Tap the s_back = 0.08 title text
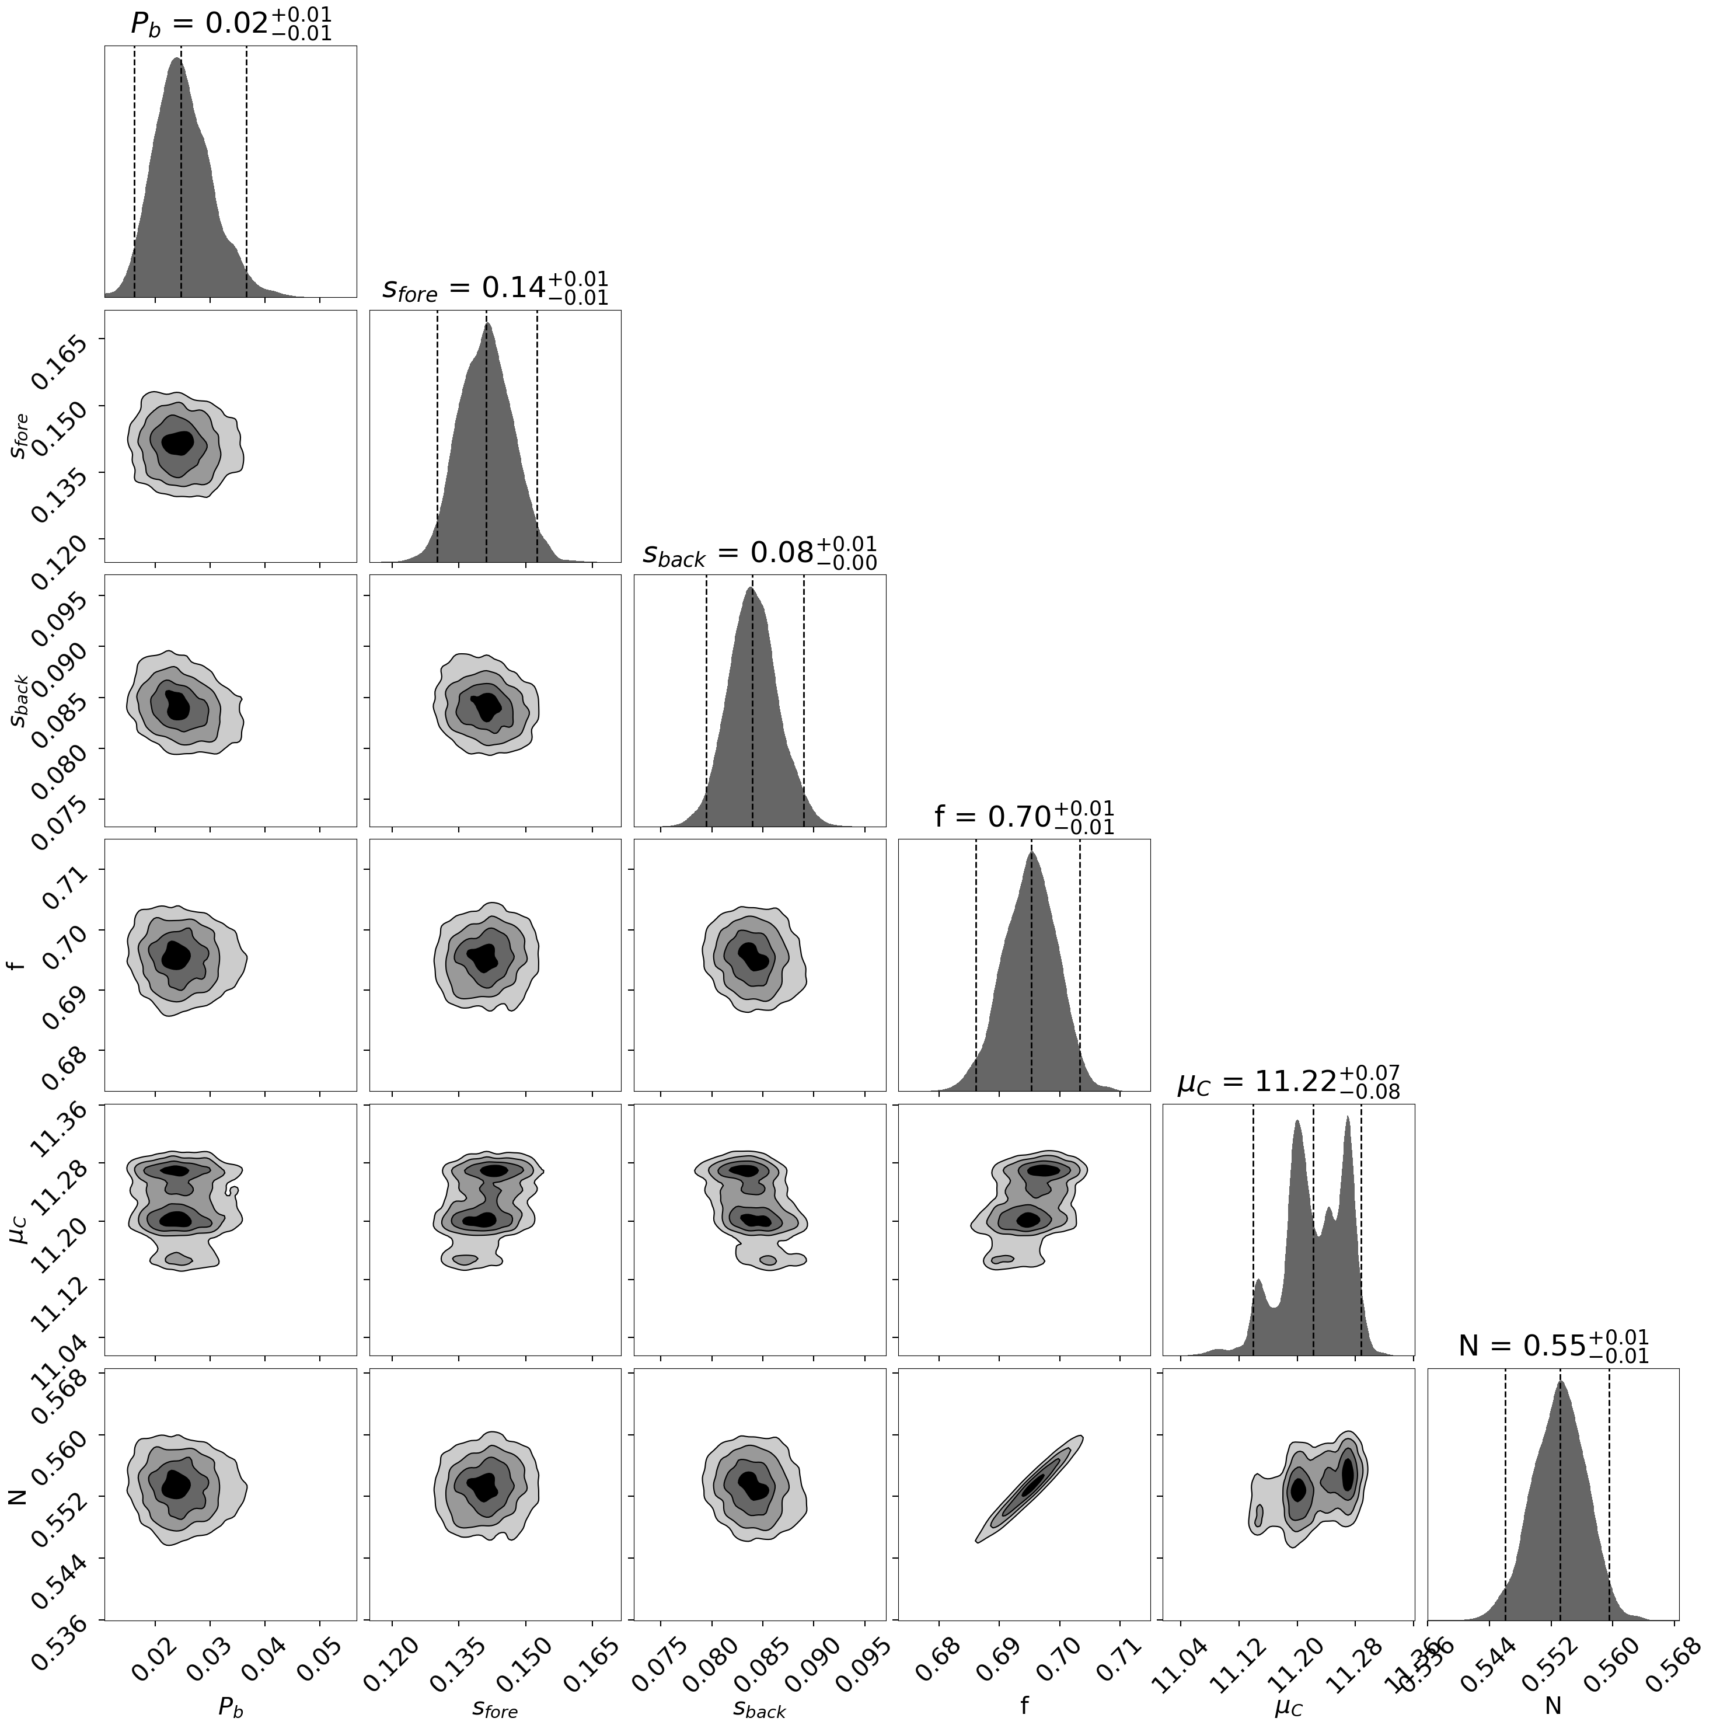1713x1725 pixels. click(x=759, y=553)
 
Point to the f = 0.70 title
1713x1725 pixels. click(x=1024, y=816)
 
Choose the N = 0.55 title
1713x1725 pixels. click(x=1552, y=1346)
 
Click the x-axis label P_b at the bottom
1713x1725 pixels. click(x=231, y=1706)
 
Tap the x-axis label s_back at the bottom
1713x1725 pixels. click(x=759, y=1706)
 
